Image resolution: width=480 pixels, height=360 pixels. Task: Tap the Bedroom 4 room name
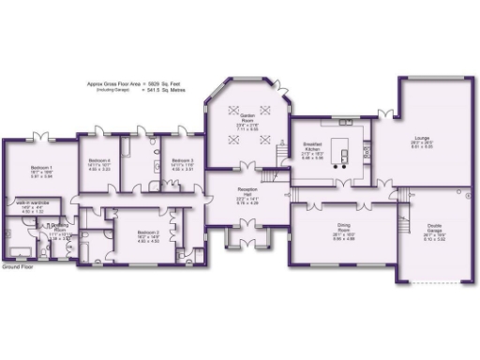tap(100, 161)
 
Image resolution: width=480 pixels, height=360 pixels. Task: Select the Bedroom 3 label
tap(183, 161)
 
